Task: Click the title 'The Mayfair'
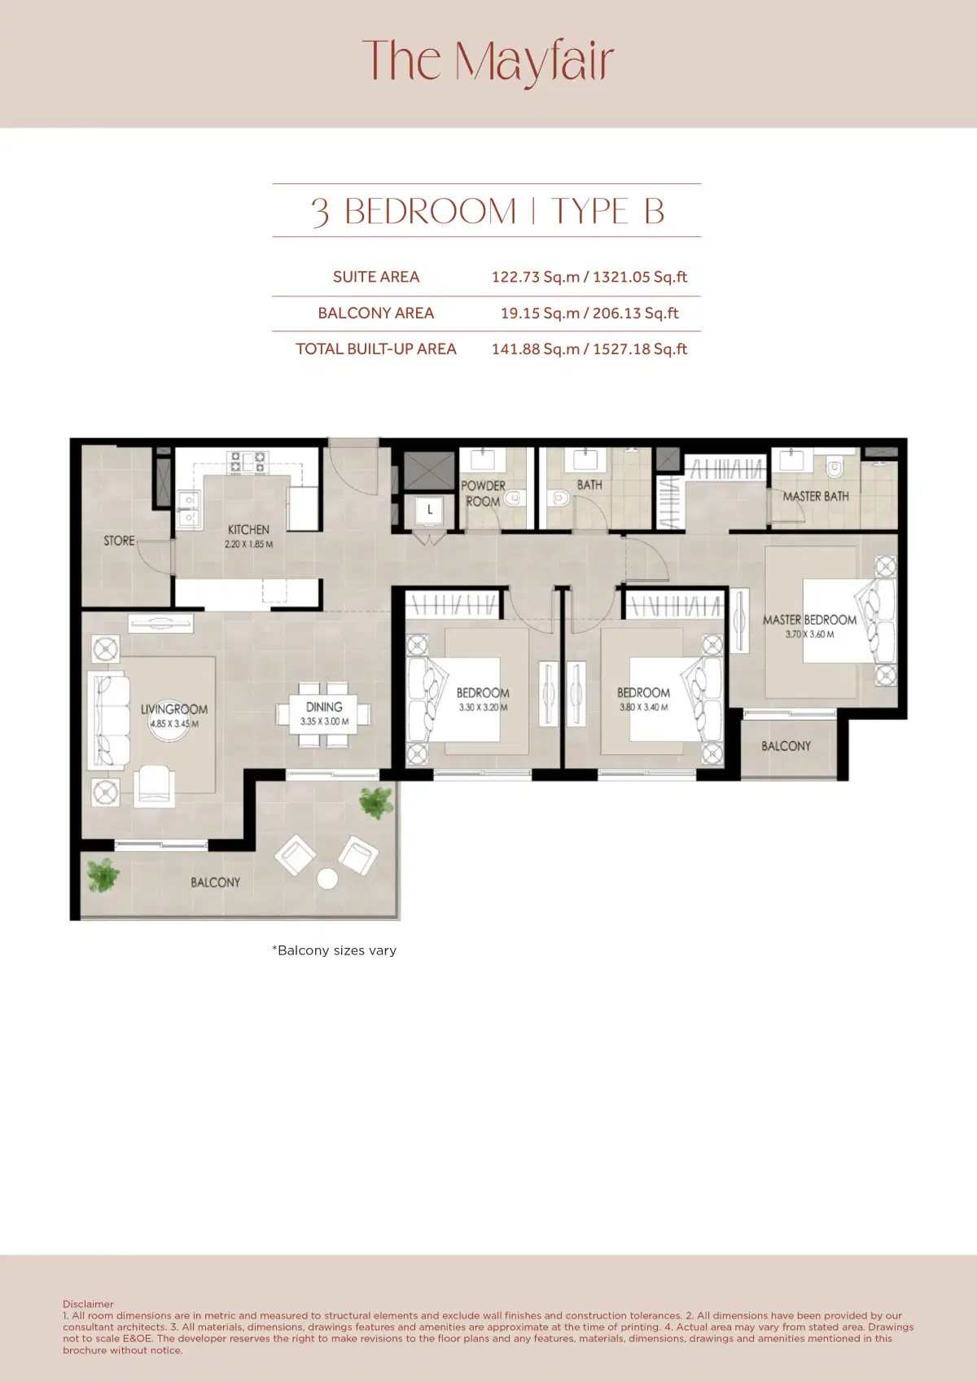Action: click(488, 61)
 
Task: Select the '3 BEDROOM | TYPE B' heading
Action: click(487, 211)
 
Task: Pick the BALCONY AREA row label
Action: click(375, 313)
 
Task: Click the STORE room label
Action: click(119, 541)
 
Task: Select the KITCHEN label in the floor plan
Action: click(248, 529)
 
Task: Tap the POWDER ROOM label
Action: click(483, 494)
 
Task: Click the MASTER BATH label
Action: click(815, 496)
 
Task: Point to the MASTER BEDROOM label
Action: click(809, 620)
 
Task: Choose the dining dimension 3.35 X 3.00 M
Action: click(324, 722)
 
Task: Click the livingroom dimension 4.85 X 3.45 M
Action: click(174, 723)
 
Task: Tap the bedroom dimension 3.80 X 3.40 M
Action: click(643, 707)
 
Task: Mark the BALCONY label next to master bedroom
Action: click(786, 746)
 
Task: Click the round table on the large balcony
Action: click(327, 879)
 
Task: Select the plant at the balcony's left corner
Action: click(103, 875)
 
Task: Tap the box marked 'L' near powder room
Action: click(429, 510)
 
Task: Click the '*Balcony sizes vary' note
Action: click(334, 950)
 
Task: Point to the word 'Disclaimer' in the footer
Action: click(88, 1304)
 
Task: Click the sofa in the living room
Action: click(108, 721)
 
